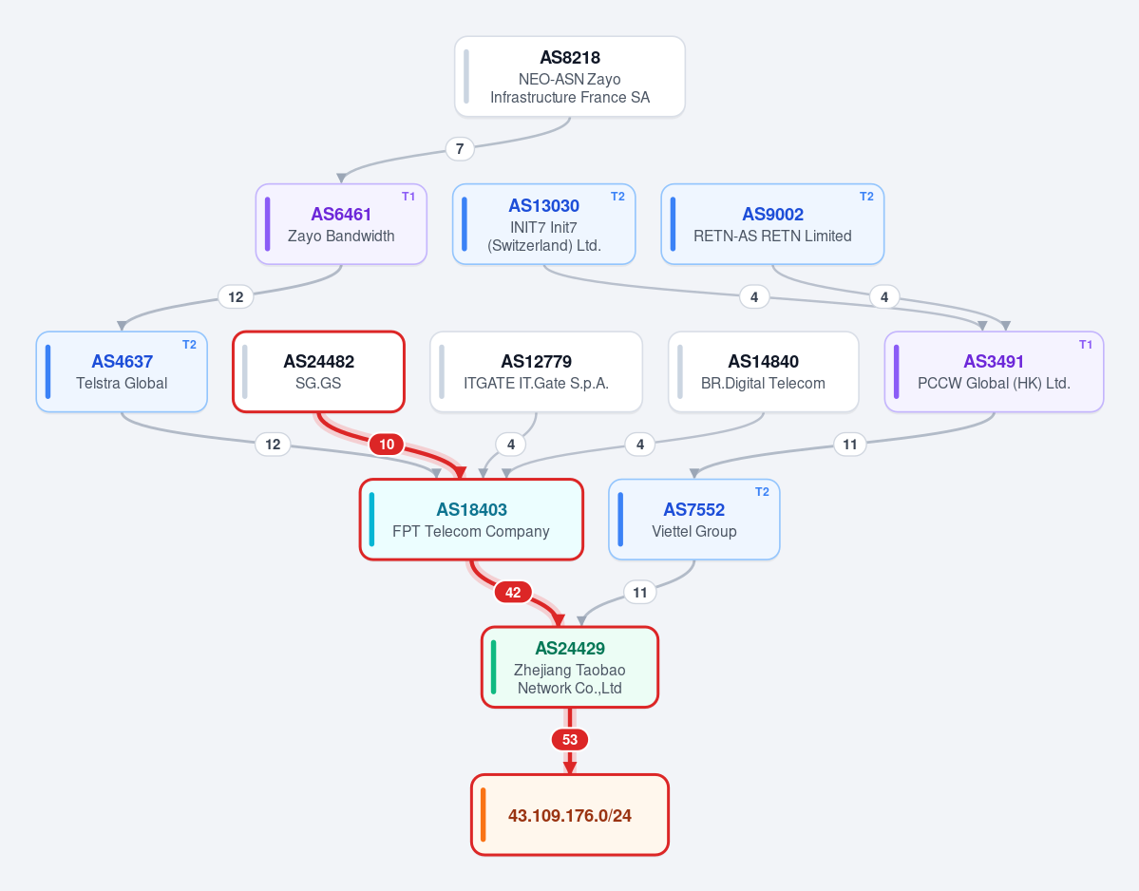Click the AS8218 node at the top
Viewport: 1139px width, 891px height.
tap(570, 76)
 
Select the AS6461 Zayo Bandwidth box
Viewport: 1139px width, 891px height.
tap(341, 224)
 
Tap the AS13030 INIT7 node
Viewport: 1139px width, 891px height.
tap(544, 224)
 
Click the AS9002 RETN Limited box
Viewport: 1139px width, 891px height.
tap(772, 224)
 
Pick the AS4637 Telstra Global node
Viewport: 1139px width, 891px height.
tap(122, 371)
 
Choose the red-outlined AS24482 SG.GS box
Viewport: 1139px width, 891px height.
tap(318, 371)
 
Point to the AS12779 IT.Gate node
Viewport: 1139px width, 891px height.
tap(536, 371)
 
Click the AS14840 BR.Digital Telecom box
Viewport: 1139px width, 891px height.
tap(764, 371)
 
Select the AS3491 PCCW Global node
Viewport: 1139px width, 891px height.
tap(994, 371)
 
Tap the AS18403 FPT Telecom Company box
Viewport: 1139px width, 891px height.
tap(471, 520)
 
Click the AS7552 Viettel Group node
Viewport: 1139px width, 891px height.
tap(693, 520)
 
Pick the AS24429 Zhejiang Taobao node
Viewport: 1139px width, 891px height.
tap(570, 668)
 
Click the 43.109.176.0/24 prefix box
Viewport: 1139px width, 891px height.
tap(570, 815)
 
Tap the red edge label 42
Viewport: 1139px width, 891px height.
tap(513, 593)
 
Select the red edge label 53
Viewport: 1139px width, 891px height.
tap(570, 740)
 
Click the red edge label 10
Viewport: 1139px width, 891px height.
tap(387, 445)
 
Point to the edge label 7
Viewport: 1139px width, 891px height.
tap(460, 149)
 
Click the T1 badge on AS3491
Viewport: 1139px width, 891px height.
tap(1085, 345)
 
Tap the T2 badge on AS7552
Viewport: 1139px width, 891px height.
tap(762, 492)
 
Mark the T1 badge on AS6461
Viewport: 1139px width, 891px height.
tap(408, 197)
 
